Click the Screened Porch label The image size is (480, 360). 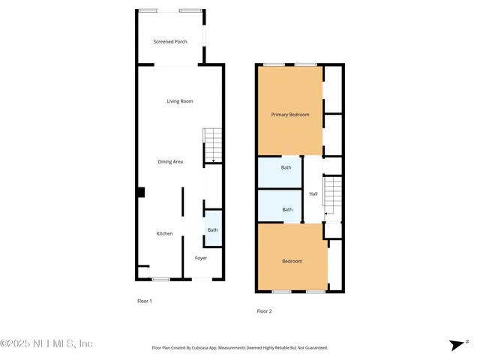tap(170, 41)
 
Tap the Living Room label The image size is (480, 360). tap(180, 101)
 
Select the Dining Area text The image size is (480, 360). tap(170, 161)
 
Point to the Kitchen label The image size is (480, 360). tap(164, 233)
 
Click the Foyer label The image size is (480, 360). tap(201, 258)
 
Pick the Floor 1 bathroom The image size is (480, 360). tap(212, 229)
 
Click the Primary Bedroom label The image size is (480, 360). tap(289, 115)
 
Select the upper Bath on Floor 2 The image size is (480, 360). tap(286, 167)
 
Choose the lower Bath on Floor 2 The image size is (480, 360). tap(287, 209)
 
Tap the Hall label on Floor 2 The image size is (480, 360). tap(313, 193)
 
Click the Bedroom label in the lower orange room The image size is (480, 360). tap(292, 261)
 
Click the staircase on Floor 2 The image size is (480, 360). tap(331, 198)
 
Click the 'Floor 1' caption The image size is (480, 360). tap(144, 301)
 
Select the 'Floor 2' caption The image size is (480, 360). tap(264, 310)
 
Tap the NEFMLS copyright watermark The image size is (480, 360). tap(46, 343)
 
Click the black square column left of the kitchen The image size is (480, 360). tap(140, 192)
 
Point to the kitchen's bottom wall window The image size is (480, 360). tap(160, 280)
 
